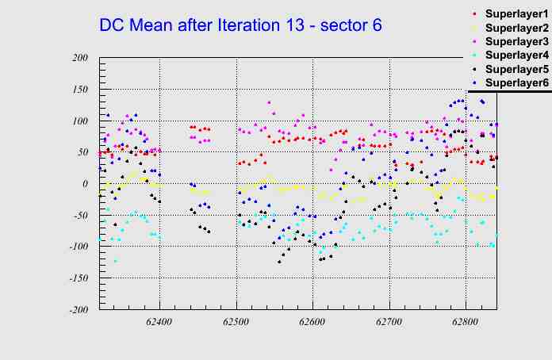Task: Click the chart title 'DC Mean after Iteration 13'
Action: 240,25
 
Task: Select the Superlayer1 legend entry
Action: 516,14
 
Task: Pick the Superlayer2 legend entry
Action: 516,28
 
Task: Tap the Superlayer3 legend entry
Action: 516,41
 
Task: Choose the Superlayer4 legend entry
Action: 516,55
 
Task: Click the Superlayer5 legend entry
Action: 516,69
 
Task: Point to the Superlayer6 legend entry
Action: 516,82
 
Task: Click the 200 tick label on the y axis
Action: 79,58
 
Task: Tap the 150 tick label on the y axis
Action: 79,90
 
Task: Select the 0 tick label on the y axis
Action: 85,184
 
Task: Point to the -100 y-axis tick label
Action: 77,247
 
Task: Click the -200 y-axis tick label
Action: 77,310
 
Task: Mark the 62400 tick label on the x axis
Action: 159,323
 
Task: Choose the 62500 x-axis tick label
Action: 236,323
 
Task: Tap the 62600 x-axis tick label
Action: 312,323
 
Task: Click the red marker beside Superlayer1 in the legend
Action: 474,14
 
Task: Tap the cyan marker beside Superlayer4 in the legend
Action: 474,56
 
